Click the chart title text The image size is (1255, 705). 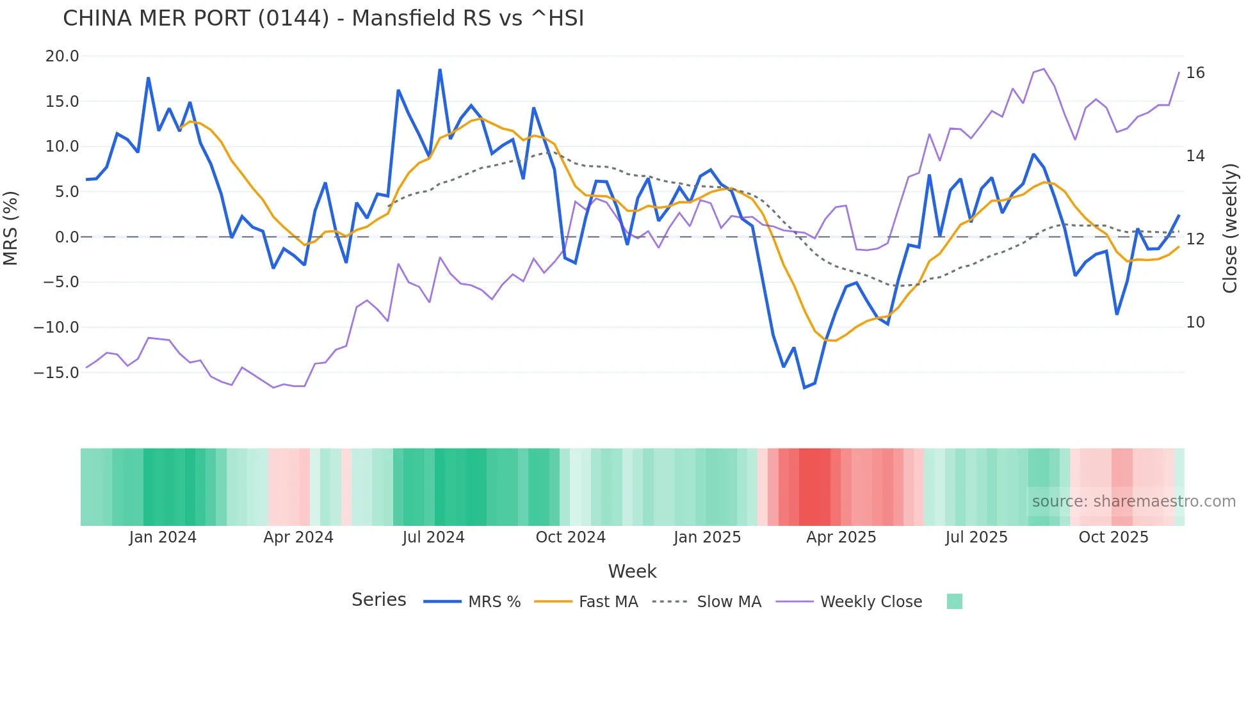323,19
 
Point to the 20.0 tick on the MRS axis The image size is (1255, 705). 62,56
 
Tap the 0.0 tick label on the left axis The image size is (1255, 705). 67,237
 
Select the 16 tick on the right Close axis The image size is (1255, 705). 1195,73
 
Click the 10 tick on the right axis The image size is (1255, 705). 1195,322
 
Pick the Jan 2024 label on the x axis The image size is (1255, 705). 163,537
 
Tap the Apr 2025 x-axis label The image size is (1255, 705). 841,537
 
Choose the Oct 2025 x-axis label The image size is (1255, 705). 1113,537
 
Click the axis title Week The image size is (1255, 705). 632,571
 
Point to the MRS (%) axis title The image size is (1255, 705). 11,228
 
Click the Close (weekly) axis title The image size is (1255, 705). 1229,228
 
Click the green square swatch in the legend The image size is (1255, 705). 954,601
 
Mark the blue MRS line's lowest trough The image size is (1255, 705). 804,388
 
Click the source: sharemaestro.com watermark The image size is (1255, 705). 1133,502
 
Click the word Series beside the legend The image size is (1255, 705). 378,600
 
